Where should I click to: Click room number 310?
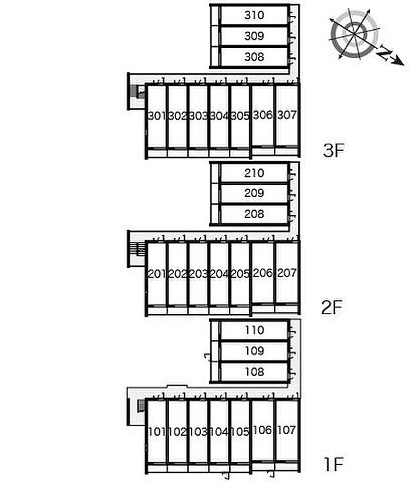pos(254,15)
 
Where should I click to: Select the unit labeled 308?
pos(254,57)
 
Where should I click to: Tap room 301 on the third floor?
pos(156,116)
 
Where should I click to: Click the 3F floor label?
pos(333,151)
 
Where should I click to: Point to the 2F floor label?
pos(332,306)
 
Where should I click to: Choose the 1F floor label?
pos(332,465)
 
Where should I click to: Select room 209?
pos(254,193)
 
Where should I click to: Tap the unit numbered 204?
pos(219,274)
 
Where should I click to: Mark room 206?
pos(262,272)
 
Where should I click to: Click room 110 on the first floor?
pos(254,331)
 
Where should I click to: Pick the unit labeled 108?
pos(254,372)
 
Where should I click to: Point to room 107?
pos(287,430)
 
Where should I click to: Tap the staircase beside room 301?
pos(139,92)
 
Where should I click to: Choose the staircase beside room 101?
pos(141,405)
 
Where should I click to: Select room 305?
pos(240,116)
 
